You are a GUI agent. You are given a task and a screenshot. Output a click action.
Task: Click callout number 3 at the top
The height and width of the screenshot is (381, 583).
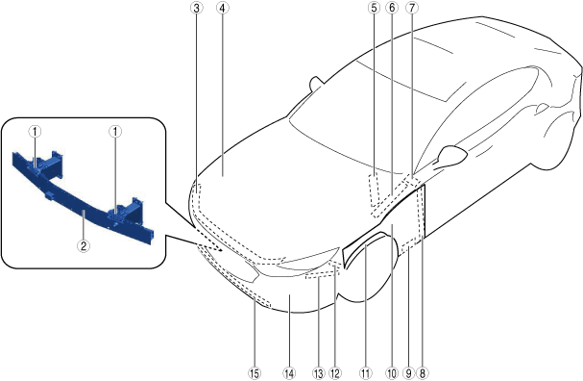tap(197, 8)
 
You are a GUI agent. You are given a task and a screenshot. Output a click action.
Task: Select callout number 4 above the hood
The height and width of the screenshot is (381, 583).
tap(222, 8)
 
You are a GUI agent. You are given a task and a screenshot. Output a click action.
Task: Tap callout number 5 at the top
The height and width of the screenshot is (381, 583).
tap(374, 8)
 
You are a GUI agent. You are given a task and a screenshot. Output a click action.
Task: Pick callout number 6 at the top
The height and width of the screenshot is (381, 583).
tap(392, 8)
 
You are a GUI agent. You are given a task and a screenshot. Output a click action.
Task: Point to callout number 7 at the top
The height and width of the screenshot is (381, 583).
tap(412, 8)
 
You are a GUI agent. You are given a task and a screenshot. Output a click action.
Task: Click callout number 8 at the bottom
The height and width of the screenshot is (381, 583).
tap(423, 372)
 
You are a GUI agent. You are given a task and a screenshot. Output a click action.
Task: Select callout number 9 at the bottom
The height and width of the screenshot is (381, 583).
tap(408, 372)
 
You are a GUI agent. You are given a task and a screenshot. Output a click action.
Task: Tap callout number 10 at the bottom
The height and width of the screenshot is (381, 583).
tap(392, 372)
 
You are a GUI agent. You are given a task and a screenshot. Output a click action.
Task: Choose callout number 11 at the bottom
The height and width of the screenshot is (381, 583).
tap(366, 372)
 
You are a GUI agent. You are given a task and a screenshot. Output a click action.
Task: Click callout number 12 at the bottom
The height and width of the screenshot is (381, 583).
tap(335, 372)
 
